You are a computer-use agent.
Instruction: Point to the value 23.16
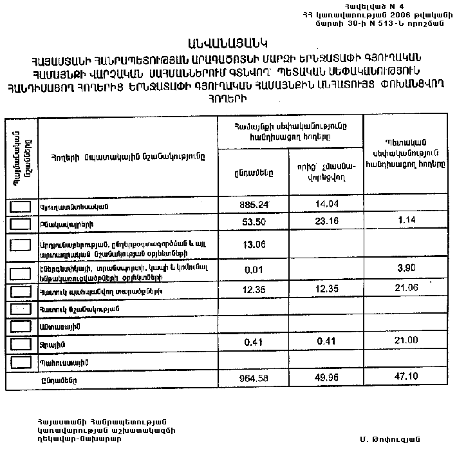326,223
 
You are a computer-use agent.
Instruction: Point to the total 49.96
326,379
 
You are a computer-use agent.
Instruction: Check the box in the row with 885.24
21,206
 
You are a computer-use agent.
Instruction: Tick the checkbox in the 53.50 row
21,223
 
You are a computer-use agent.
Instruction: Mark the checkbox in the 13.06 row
21,245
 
